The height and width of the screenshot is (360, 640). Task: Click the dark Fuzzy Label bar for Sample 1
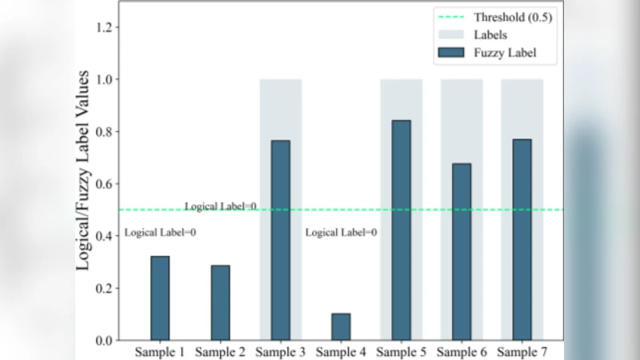tap(160, 298)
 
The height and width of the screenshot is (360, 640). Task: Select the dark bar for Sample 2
tap(220, 303)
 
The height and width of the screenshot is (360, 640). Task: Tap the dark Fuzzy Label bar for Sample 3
tap(280, 240)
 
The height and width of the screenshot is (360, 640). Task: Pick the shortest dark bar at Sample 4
tap(341, 326)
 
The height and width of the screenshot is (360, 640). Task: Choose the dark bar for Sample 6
tap(462, 252)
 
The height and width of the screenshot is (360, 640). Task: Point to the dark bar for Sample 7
tap(522, 240)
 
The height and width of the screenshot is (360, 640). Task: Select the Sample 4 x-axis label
tap(341, 352)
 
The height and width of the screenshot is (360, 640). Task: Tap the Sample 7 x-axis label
tap(522, 352)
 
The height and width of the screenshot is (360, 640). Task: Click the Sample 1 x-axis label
tap(160, 352)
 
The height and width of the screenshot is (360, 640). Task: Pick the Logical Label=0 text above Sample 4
tap(341, 233)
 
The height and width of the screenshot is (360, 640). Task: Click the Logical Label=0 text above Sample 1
tap(160, 233)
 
